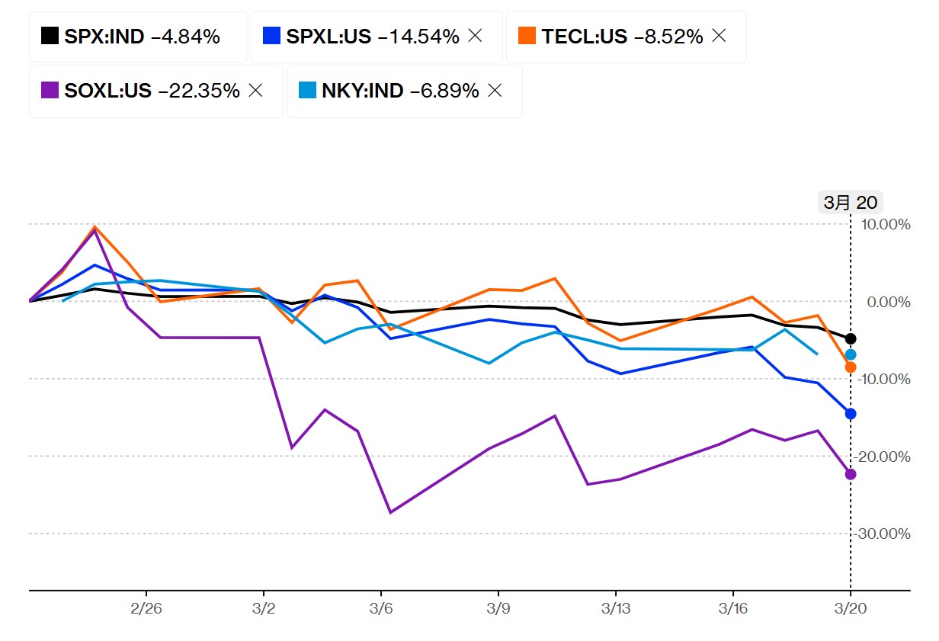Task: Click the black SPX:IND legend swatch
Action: pos(50,36)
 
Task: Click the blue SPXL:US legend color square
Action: pos(272,36)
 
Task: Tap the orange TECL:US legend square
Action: pos(527,36)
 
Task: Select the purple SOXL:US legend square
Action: pos(50,91)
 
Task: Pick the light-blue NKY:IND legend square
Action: pos(308,91)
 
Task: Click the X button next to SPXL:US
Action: pos(476,36)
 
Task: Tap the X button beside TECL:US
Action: pos(719,36)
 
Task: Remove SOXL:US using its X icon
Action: pos(255,91)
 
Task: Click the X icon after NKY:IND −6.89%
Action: pos(495,91)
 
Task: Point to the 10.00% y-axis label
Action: pos(886,224)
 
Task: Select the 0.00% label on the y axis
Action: pos(889,302)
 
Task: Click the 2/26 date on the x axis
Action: pos(146,610)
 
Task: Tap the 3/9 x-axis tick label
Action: pos(498,610)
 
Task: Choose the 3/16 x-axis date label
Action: pos(733,610)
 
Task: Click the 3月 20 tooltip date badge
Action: pos(851,202)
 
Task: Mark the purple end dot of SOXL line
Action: pos(851,474)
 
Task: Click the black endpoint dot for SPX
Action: pos(851,338)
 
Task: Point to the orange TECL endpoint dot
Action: pos(851,367)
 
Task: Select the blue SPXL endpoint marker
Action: pos(851,414)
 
